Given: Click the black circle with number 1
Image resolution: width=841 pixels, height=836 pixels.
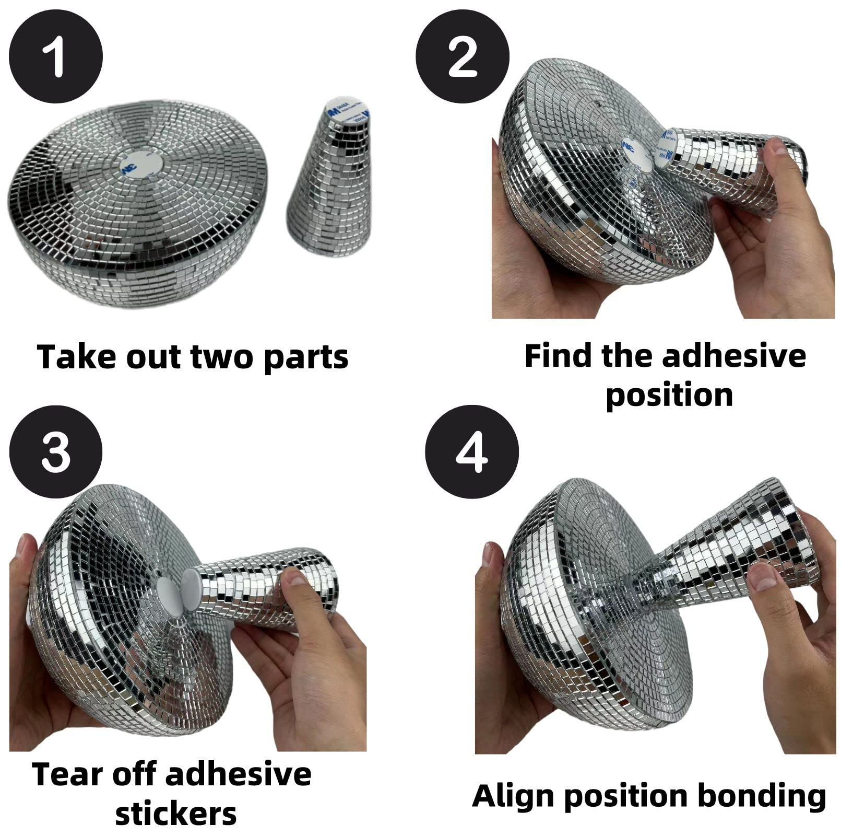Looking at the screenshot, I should click(x=56, y=56).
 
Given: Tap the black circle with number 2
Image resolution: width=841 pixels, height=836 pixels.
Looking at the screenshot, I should click(x=462, y=56).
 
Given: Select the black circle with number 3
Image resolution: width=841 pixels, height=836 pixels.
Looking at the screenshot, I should click(x=56, y=451).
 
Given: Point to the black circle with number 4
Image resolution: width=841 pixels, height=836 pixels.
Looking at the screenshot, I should click(x=471, y=451).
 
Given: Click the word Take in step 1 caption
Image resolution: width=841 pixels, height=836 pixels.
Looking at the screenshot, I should click(x=71, y=357).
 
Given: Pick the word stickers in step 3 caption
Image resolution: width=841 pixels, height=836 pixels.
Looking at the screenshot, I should click(x=176, y=814).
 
